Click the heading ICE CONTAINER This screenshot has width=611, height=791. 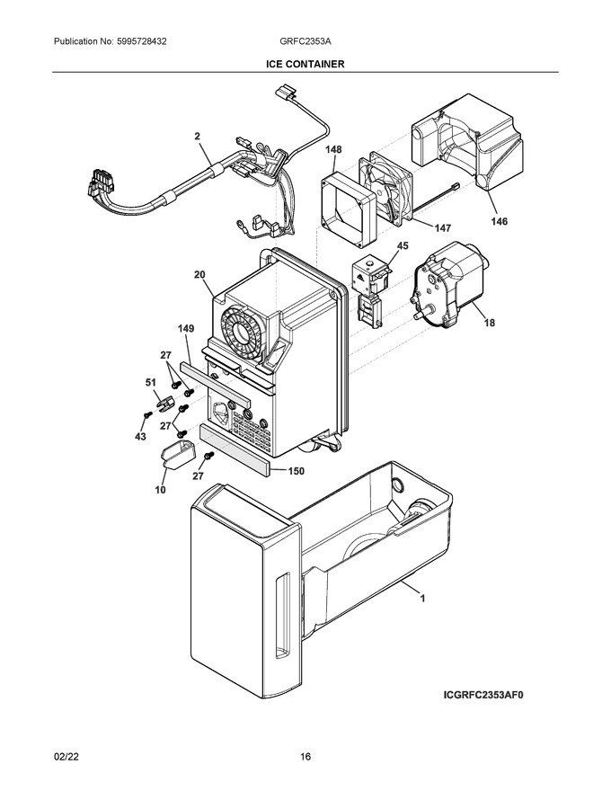pos(305,65)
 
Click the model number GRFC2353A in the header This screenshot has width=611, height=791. pos(305,42)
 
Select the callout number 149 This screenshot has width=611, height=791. pos(185,330)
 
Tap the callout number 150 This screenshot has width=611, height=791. pos(297,470)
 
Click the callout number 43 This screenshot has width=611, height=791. pos(139,436)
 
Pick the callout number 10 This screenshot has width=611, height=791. pos(160,490)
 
